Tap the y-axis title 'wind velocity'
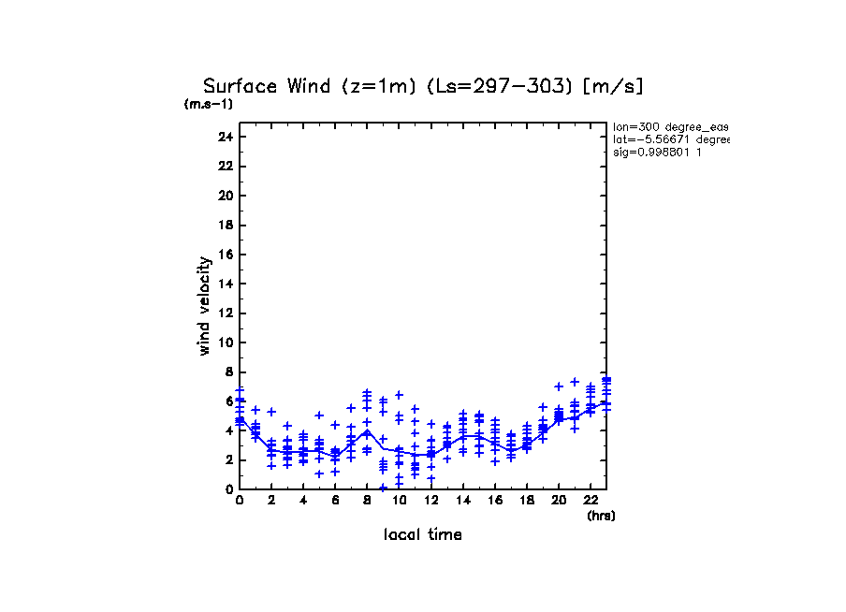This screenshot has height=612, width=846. click(204, 307)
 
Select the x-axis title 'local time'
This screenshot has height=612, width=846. click(422, 535)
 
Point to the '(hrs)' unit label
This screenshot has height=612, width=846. click(601, 516)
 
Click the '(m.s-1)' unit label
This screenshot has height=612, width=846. click(209, 105)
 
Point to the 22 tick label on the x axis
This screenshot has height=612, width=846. click(591, 501)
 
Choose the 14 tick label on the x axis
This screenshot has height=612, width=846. click(462, 501)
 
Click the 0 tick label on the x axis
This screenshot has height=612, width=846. click(240, 501)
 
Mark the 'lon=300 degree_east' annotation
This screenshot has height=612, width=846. click(670, 126)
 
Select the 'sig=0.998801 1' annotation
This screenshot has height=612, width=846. click(658, 152)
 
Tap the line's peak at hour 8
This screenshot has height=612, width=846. click(368, 430)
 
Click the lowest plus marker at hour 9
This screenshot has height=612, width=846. click(383, 488)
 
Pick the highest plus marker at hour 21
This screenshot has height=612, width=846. click(575, 381)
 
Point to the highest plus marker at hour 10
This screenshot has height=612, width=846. click(399, 395)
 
